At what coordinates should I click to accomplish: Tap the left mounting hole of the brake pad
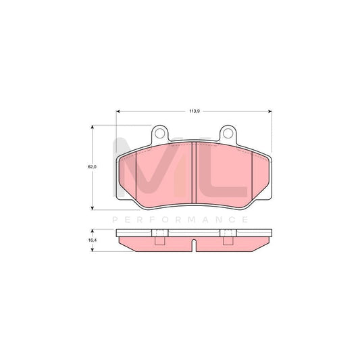pos(161,133)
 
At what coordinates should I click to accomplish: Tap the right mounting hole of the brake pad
pos(227,133)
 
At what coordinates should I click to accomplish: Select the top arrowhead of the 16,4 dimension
pos(92,230)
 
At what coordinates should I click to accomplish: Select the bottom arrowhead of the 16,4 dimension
pos(92,250)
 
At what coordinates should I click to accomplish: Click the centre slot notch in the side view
pos(194,245)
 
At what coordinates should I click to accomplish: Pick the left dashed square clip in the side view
pos(160,236)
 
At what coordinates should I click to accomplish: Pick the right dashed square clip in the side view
pos(228,236)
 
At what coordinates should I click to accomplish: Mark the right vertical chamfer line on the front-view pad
pos(251,177)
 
